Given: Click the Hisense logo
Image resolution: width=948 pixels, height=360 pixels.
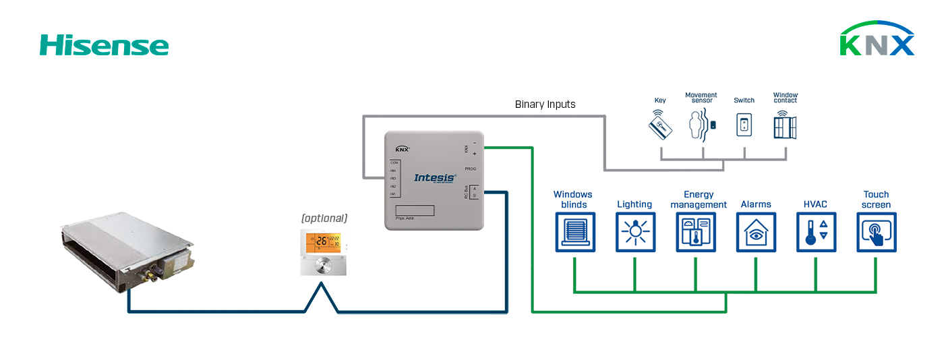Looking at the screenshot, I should point(104,45).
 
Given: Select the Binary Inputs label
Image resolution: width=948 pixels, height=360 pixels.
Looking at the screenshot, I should point(545,104).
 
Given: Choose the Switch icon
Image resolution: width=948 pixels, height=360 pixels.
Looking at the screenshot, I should point(744,125).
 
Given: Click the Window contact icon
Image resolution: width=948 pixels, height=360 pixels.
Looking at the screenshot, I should point(785,125).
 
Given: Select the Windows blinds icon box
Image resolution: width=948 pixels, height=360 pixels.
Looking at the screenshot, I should point(574,233).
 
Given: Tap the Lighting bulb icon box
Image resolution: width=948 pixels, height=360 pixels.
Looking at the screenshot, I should point(634,233).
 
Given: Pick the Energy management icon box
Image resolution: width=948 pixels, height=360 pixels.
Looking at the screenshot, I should point(695,233).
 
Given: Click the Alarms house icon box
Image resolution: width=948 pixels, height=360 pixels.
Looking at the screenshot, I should point(755,233).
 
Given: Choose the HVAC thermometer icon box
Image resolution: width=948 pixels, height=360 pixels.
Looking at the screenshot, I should point(816,233).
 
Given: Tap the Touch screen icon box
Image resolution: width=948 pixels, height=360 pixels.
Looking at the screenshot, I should point(876,233).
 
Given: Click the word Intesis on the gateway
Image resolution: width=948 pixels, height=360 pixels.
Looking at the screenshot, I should point(434,178).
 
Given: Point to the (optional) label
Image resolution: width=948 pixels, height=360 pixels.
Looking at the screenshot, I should point(324,218).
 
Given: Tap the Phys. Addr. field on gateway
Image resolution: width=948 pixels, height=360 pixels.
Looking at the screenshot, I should point(414,210).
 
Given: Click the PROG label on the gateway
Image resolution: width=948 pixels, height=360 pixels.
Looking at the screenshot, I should point(470,168).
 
